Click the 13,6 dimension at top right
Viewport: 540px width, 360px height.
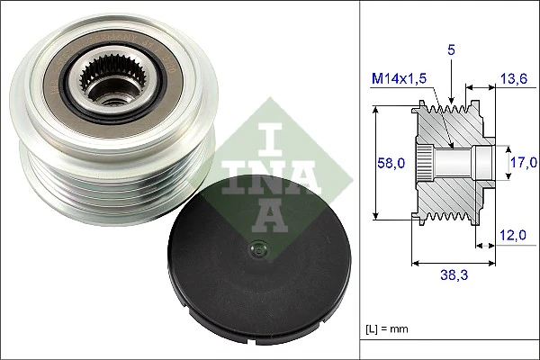[x=512, y=78]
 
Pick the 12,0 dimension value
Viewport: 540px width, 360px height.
[x=512, y=236]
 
